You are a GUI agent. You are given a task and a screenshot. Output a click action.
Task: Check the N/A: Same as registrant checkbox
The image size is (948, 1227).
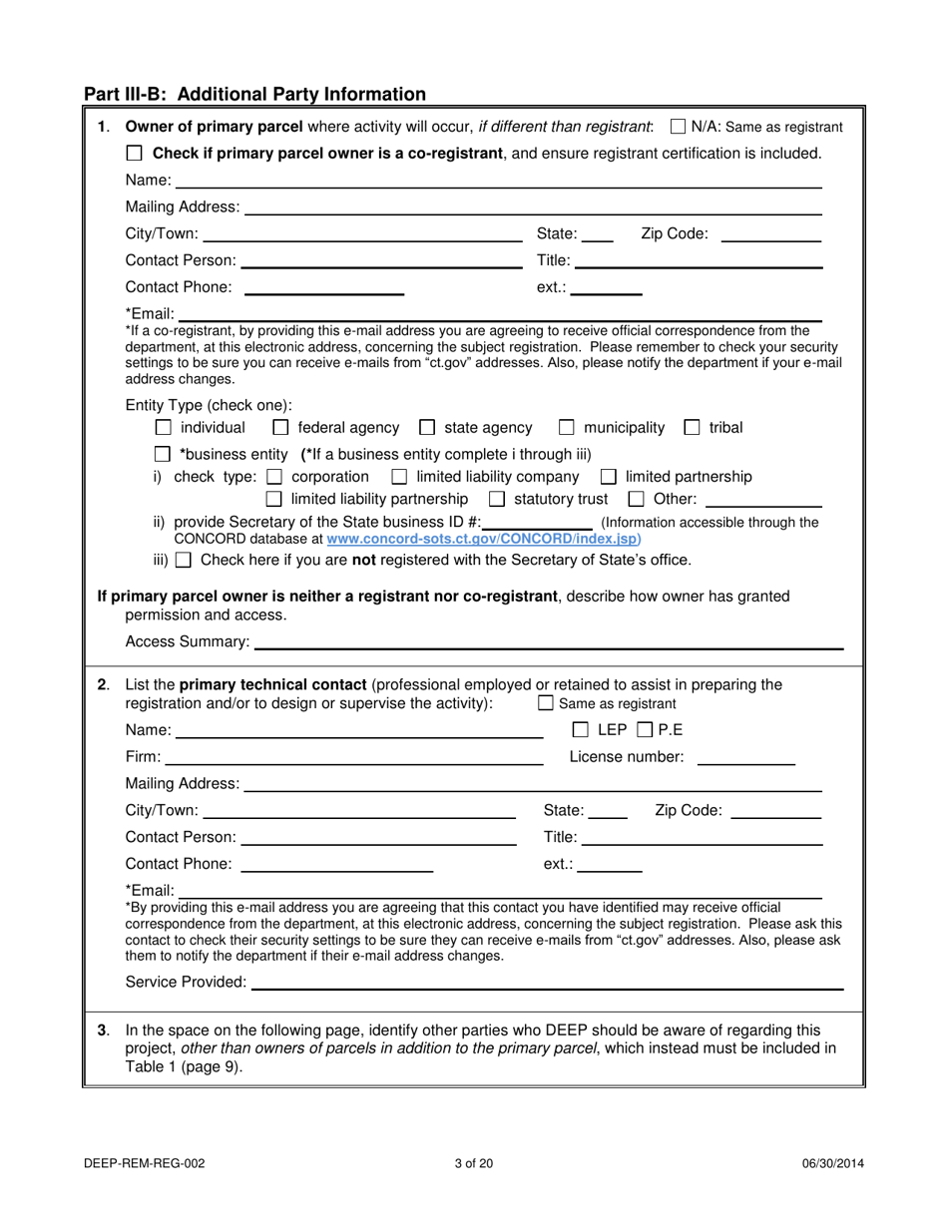pyautogui.click(x=679, y=127)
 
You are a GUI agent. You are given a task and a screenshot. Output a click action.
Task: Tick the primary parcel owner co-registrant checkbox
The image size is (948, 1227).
pyautogui.click(x=135, y=154)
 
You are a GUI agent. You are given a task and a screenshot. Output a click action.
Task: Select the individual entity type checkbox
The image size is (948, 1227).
pyautogui.click(x=165, y=428)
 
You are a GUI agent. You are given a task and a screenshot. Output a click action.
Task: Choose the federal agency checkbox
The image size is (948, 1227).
pyautogui.click(x=281, y=428)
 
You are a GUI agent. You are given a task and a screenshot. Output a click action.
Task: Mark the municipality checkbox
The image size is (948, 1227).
pyautogui.click(x=567, y=428)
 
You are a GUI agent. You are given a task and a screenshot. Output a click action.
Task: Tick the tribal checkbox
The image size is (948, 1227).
pyautogui.click(x=692, y=428)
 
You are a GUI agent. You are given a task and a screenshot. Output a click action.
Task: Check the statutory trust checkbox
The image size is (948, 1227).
pyautogui.click(x=497, y=499)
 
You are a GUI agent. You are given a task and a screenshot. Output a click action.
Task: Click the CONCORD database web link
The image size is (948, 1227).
pyautogui.click(x=484, y=538)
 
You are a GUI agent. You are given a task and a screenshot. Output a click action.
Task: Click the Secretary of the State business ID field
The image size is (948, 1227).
pyautogui.click(x=538, y=523)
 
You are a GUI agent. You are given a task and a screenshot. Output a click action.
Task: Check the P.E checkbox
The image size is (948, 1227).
pyautogui.click(x=644, y=730)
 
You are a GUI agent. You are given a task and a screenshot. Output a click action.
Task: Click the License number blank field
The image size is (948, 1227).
pyautogui.click(x=745, y=757)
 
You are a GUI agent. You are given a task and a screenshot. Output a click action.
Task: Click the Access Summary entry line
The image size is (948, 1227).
pyautogui.click(x=548, y=641)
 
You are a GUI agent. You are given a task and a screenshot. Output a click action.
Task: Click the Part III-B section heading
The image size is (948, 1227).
pyautogui.click(x=254, y=95)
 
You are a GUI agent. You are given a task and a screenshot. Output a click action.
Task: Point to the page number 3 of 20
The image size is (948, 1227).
pyautogui.click(x=473, y=1162)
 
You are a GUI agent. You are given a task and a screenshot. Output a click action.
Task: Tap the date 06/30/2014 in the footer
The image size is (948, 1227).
pyautogui.click(x=832, y=1162)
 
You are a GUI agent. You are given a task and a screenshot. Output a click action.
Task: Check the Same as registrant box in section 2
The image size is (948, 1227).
pyautogui.click(x=545, y=703)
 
